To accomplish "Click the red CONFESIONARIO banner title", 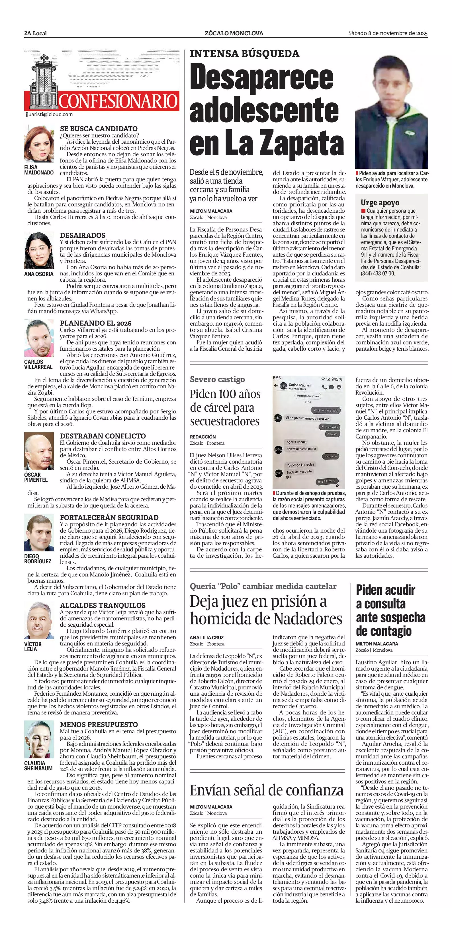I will (118, 101).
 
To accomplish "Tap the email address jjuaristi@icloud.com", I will (49, 114).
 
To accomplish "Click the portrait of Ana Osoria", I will (39, 251).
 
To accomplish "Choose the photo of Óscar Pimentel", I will (39, 451).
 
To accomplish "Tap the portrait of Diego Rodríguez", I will (39, 533).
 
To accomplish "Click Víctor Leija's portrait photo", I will (39, 620).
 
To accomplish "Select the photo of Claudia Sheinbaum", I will (39, 739).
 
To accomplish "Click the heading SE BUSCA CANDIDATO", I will (99, 129).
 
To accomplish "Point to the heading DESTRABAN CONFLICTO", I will (103, 436).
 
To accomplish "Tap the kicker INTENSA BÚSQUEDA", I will (244, 54).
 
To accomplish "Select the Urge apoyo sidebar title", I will (380, 203).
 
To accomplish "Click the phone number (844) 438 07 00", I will (377, 273).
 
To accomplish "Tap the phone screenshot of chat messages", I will (308, 431).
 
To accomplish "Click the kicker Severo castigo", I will (217, 379).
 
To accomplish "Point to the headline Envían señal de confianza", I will (267, 790).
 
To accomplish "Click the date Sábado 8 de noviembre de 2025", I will (388, 33).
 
